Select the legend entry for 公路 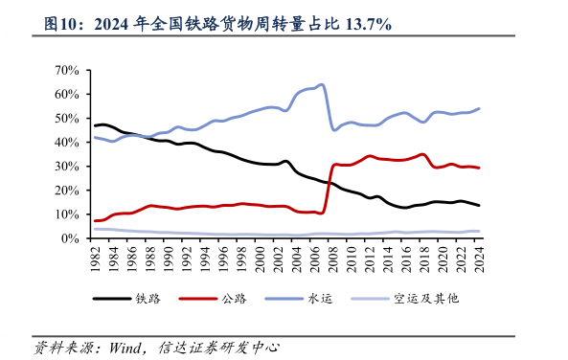(224, 299)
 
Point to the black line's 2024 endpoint (479, 206)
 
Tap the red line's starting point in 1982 (94, 221)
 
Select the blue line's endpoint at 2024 (479, 108)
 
